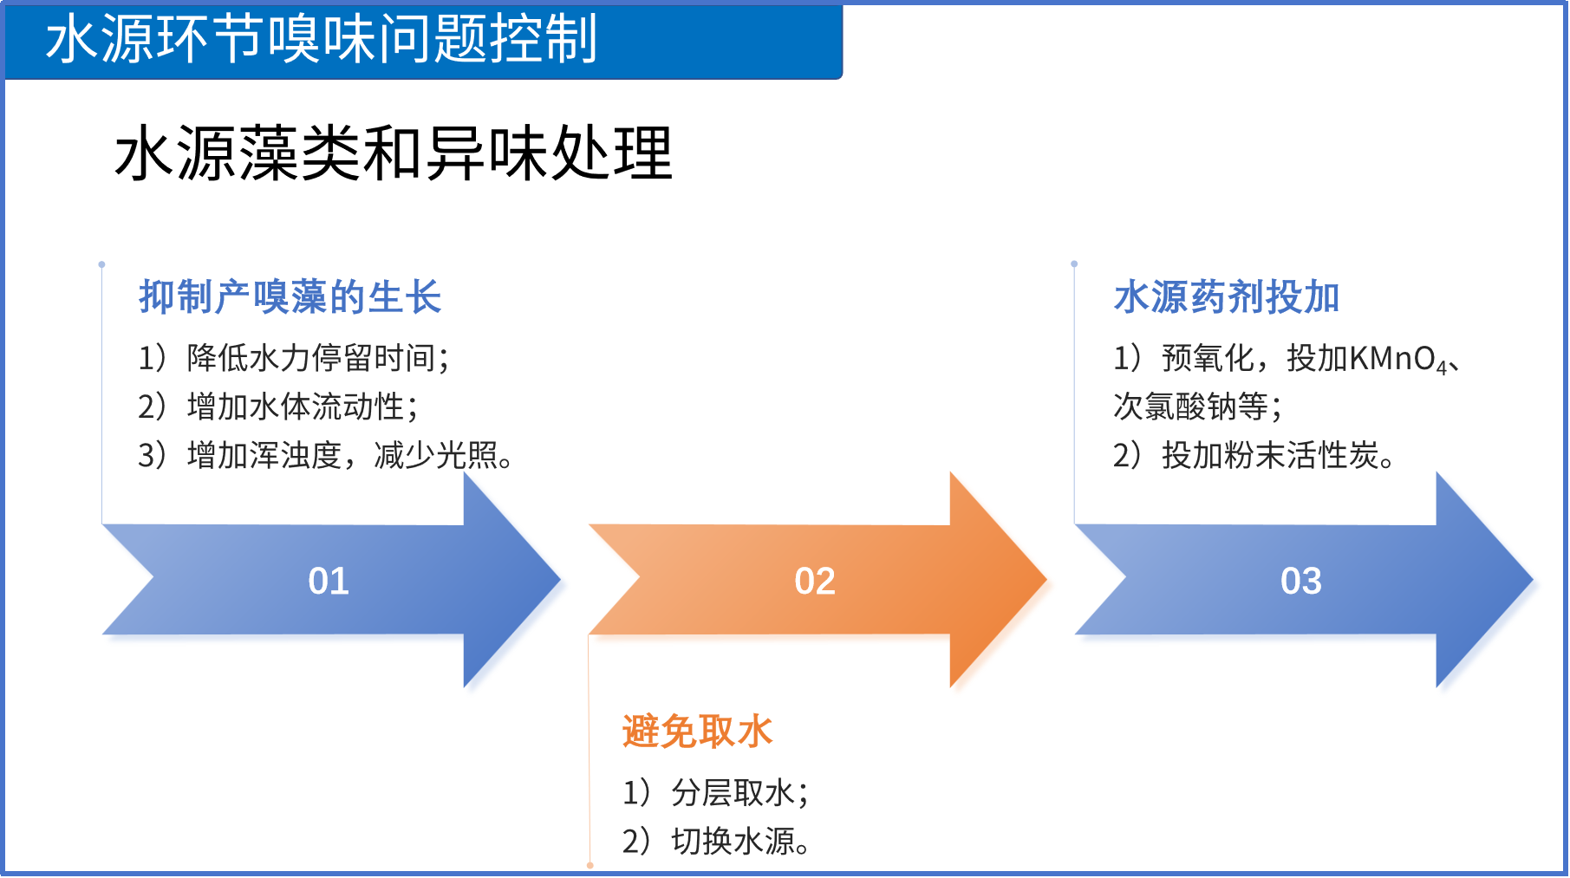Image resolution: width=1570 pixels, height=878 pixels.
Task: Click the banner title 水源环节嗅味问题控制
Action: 322,39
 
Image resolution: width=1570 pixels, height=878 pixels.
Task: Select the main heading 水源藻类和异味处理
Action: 394,153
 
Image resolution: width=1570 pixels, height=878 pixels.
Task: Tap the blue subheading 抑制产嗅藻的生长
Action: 290,297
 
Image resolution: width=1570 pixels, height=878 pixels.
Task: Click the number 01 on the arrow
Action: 329,581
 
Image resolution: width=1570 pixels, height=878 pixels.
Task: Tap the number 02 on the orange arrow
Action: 815,581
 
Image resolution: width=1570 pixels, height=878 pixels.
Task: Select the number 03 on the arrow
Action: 1301,581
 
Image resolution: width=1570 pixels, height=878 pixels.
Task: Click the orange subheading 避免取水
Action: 698,732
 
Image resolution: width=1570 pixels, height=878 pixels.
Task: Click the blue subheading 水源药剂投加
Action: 1227,297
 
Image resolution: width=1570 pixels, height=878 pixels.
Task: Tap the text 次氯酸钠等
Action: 1197,406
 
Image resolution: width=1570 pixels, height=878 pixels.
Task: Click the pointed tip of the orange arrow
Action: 1046,579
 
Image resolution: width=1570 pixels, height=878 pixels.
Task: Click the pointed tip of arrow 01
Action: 560,579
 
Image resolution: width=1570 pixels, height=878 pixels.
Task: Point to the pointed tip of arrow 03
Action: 1533,579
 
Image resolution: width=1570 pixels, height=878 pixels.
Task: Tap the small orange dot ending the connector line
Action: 590,865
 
